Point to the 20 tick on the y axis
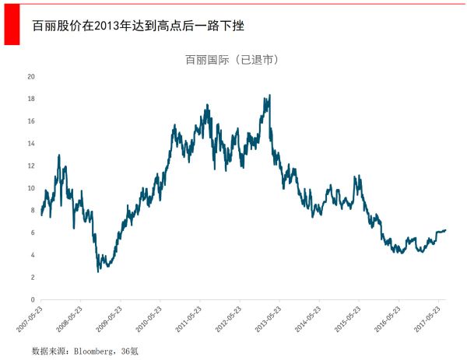[31, 76]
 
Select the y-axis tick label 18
[31, 99]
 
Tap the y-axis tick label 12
[31, 166]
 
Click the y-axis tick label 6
[33, 232]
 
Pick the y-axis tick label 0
[33, 299]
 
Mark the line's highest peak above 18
[269, 96]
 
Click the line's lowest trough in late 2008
[98, 271]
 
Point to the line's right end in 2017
[445, 229]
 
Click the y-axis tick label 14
[31, 143]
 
